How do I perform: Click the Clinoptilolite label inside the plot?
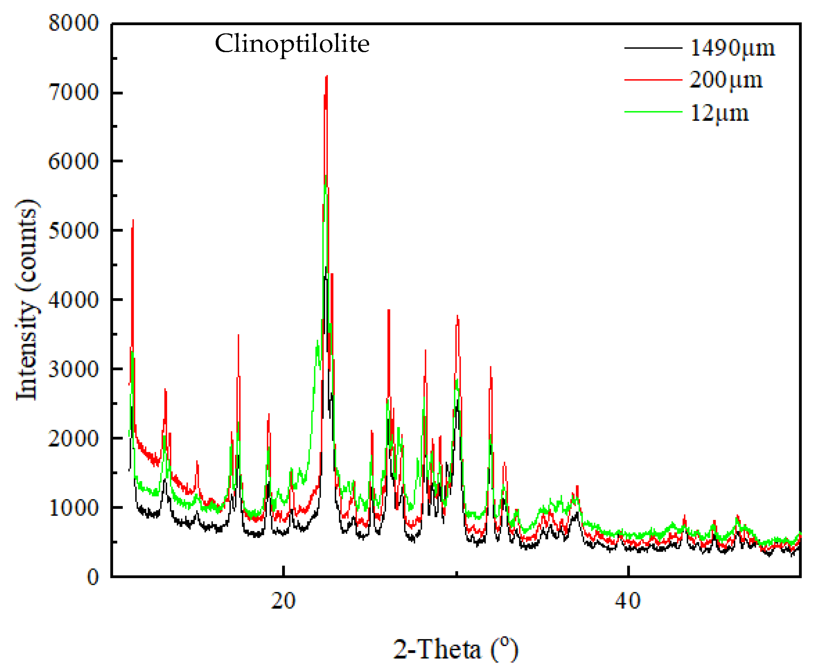(x=292, y=44)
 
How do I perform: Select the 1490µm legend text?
(x=732, y=48)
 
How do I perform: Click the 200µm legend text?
(x=726, y=80)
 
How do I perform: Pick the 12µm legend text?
(x=719, y=113)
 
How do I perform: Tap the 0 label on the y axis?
(x=93, y=577)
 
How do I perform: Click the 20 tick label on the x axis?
(x=283, y=601)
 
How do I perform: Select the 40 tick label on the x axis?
(x=628, y=601)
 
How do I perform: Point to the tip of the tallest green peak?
(x=326, y=176)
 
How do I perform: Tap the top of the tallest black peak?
(x=326, y=267)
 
